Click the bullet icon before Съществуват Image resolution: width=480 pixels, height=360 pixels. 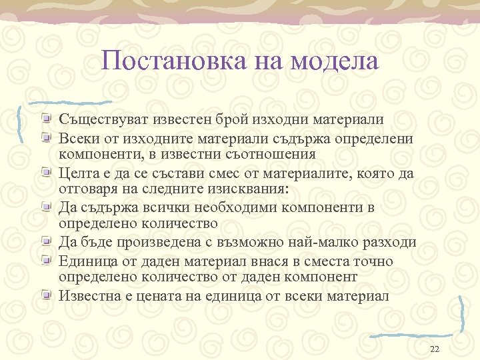(45, 119)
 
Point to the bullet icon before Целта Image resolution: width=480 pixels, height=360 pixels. (45, 173)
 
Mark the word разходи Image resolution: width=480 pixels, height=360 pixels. (389, 242)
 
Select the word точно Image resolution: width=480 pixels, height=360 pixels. (375, 261)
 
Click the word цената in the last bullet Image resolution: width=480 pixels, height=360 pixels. (165, 295)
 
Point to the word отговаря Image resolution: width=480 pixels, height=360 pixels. (87, 189)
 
